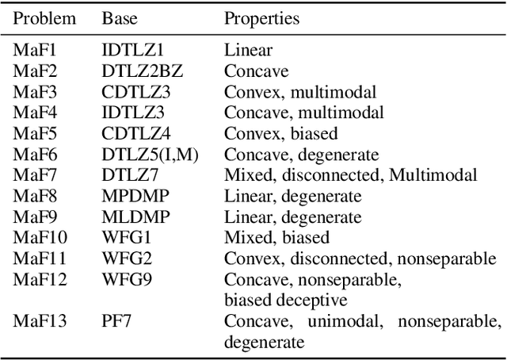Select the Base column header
point(118,18)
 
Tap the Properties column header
point(261,18)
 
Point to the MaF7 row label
point(32,175)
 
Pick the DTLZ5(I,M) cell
point(150,155)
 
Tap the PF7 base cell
point(116,321)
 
